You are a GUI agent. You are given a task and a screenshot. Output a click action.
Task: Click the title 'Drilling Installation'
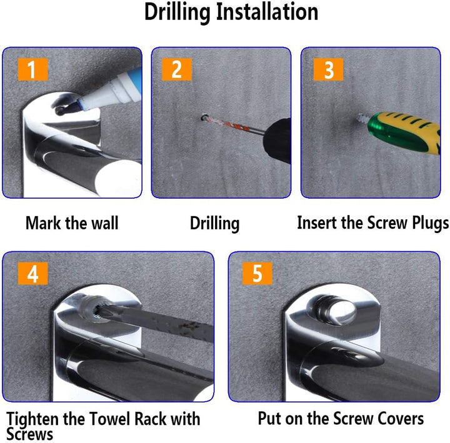point(231,12)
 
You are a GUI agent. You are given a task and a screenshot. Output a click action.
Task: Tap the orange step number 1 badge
point(32,69)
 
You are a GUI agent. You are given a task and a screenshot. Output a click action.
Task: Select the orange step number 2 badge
point(176,69)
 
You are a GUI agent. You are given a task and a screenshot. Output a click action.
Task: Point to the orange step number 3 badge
point(328,69)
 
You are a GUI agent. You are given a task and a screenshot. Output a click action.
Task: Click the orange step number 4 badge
point(32,274)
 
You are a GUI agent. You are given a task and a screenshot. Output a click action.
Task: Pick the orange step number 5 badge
point(257,274)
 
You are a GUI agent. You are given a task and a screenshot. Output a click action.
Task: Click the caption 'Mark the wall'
point(72,222)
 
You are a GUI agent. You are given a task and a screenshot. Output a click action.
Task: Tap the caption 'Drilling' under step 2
point(214,224)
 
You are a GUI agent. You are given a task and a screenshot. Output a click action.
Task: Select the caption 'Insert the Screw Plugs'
point(372,222)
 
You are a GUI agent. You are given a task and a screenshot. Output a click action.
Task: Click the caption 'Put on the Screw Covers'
point(341,419)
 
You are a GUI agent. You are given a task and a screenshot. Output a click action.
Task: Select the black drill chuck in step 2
point(277,141)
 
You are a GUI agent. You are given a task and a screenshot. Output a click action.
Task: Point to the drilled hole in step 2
point(204,117)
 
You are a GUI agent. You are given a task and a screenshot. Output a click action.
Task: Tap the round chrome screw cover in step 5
point(333,311)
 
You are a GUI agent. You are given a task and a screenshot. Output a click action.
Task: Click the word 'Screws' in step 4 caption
point(30,434)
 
